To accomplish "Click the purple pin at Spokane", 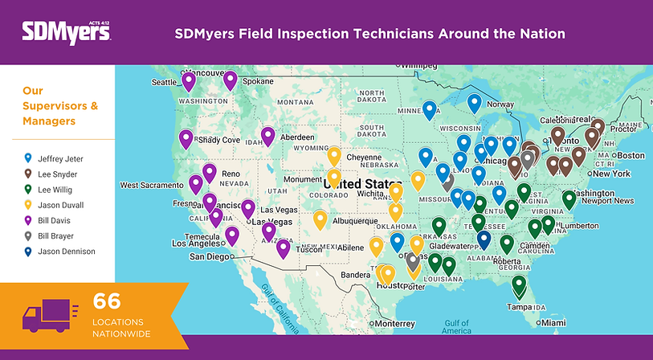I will tap(231, 80).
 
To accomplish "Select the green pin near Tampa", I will tap(519, 285).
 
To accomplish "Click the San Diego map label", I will tap(208, 257).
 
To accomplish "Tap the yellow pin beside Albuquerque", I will tap(320, 219).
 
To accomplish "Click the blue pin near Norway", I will tap(475, 103).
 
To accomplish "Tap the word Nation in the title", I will tap(541, 34).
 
